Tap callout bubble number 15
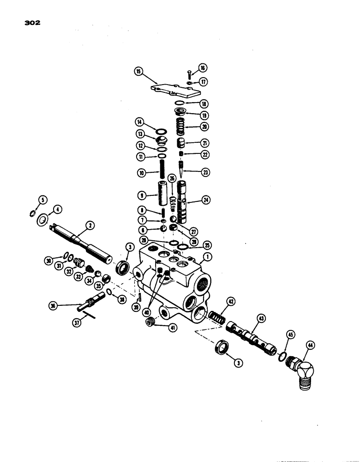(x=138, y=71)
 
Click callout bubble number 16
(x=202, y=68)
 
